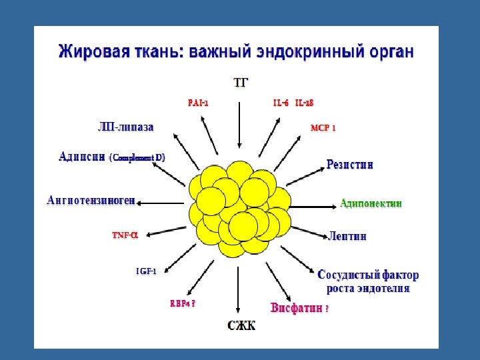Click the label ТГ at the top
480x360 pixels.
tap(241, 83)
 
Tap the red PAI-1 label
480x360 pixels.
tap(198, 103)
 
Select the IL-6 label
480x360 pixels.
tap(281, 103)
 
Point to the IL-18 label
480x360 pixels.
tap(304, 103)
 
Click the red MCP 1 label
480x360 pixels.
tap(323, 127)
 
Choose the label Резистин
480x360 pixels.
tap(350, 164)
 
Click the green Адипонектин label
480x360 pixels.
tap(371, 203)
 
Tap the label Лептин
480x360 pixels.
tap(347, 236)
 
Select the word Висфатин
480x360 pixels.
tap(296, 308)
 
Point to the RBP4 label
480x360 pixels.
tap(182, 303)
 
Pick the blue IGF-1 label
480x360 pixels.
tap(146, 271)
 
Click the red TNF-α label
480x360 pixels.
tap(125, 235)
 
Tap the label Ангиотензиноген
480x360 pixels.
tap(91, 200)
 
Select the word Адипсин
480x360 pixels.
tap(82, 157)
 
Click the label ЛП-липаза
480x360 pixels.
tap(126, 127)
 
